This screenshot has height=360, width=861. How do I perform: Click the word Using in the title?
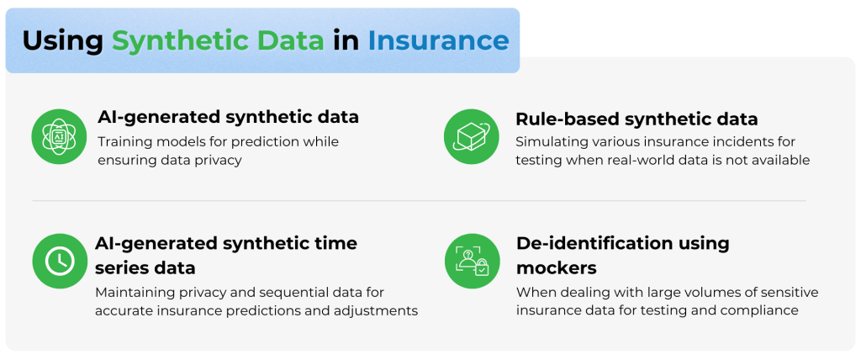pos(62,40)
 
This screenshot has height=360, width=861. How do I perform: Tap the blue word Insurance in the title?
pos(439,40)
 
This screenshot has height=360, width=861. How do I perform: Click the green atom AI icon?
pos(60,136)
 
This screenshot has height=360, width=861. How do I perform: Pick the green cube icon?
pos(471,136)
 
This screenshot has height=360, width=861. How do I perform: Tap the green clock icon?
pos(60,261)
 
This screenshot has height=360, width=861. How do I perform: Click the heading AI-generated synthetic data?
pos(229,117)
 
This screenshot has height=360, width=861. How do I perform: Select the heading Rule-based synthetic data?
pos(637,119)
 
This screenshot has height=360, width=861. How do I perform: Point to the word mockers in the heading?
pos(557,268)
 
